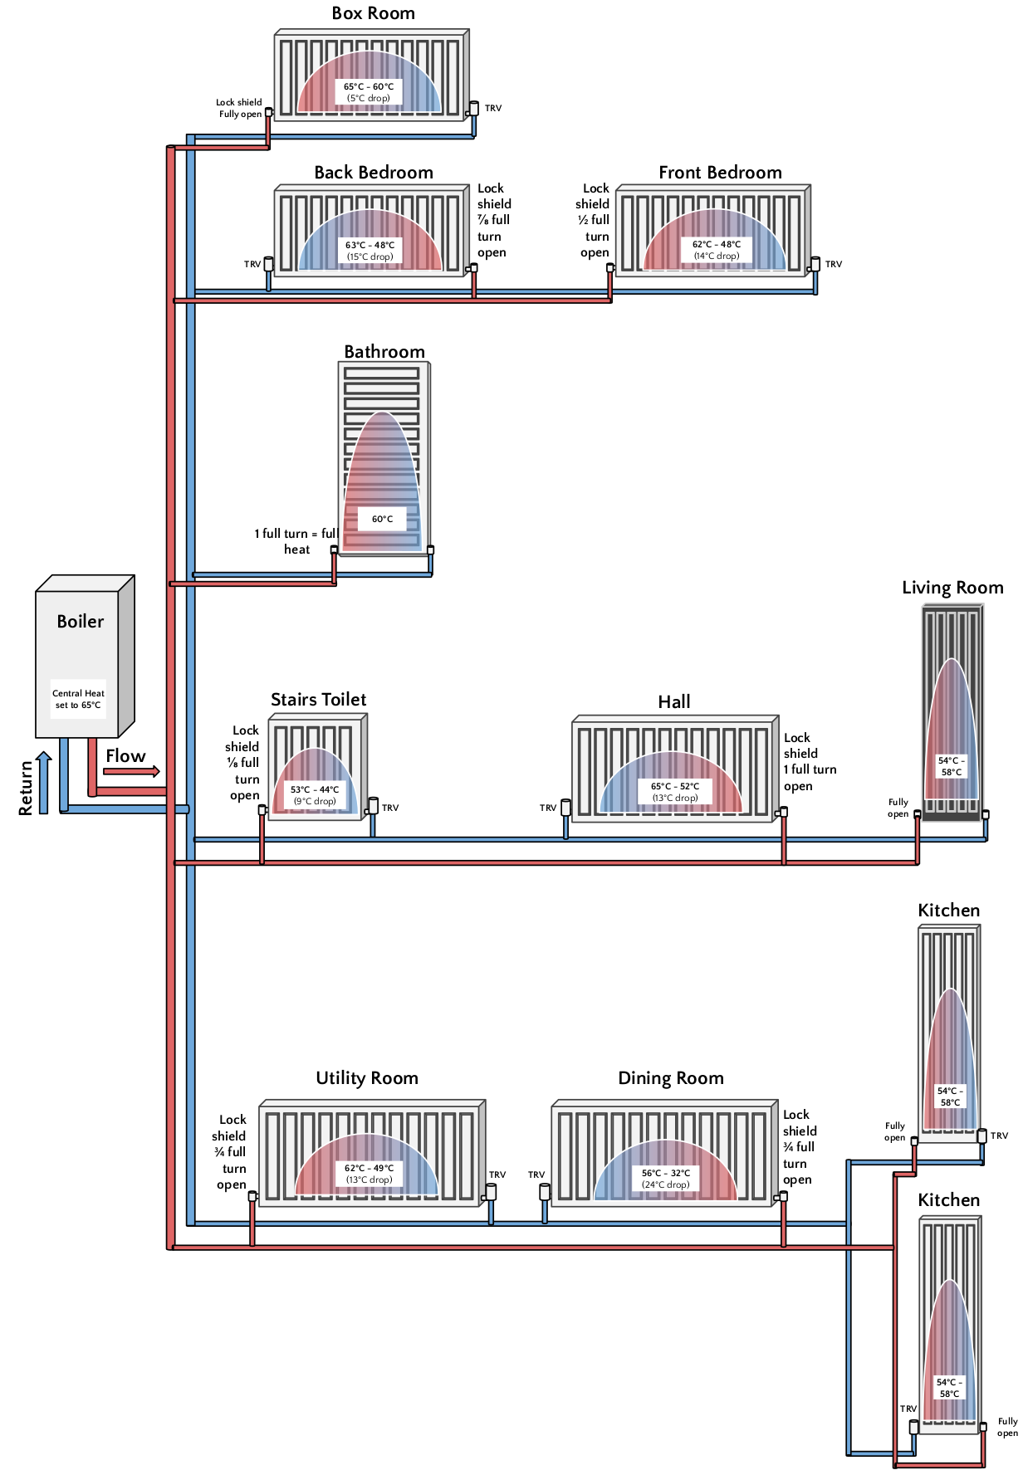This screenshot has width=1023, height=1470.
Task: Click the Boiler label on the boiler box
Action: [x=81, y=622]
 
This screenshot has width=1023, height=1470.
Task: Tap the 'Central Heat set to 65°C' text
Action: [x=78, y=699]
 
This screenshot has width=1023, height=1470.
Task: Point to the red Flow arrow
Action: [x=131, y=771]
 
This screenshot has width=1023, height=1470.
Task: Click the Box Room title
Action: [x=373, y=13]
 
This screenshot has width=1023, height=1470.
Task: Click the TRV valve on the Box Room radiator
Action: [x=473, y=108]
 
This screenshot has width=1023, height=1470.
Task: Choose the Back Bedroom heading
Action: [x=374, y=173]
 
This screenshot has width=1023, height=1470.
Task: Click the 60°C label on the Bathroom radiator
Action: [x=382, y=519]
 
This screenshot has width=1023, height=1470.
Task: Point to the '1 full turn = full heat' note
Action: [x=296, y=541]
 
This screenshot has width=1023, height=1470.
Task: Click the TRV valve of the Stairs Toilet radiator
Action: [x=373, y=805]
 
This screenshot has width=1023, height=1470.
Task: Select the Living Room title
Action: [x=952, y=588]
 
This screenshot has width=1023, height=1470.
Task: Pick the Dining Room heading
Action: [x=671, y=1078]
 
